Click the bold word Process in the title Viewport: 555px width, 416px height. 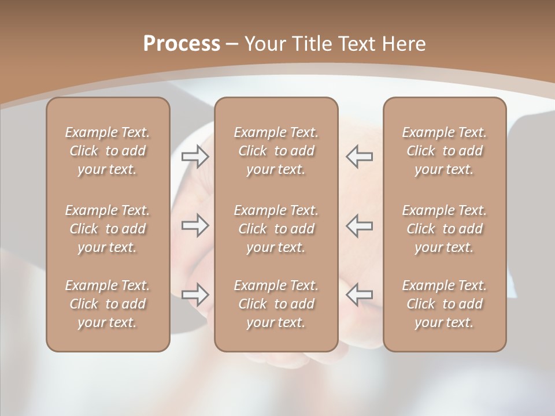pyautogui.click(x=182, y=44)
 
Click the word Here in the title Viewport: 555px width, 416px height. pyautogui.click(x=404, y=44)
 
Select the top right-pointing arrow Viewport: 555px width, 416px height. pyautogui.click(x=195, y=157)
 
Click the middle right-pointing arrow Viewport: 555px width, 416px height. pyautogui.click(x=195, y=225)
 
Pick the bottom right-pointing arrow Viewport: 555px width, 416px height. pyautogui.click(x=195, y=294)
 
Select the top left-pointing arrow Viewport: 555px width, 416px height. pyautogui.click(x=359, y=157)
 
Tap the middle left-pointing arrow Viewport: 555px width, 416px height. pyautogui.click(x=359, y=225)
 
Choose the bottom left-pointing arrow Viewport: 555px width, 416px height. pyautogui.click(x=359, y=294)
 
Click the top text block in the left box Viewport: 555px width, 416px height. pyautogui.click(x=108, y=151)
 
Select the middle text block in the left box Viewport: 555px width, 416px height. pyautogui.click(x=108, y=229)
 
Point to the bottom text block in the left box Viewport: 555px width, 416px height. pyautogui.click(x=108, y=304)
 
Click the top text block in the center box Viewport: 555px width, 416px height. pyautogui.click(x=276, y=151)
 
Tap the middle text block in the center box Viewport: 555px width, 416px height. pyautogui.click(x=276, y=229)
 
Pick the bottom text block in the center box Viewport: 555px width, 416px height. pyautogui.click(x=276, y=304)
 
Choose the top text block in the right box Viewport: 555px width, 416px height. pyautogui.click(x=444, y=151)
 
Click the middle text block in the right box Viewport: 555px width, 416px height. pyautogui.click(x=444, y=229)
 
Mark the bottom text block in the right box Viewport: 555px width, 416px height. pyautogui.click(x=444, y=304)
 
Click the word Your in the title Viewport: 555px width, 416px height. pyautogui.click(x=263, y=44)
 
